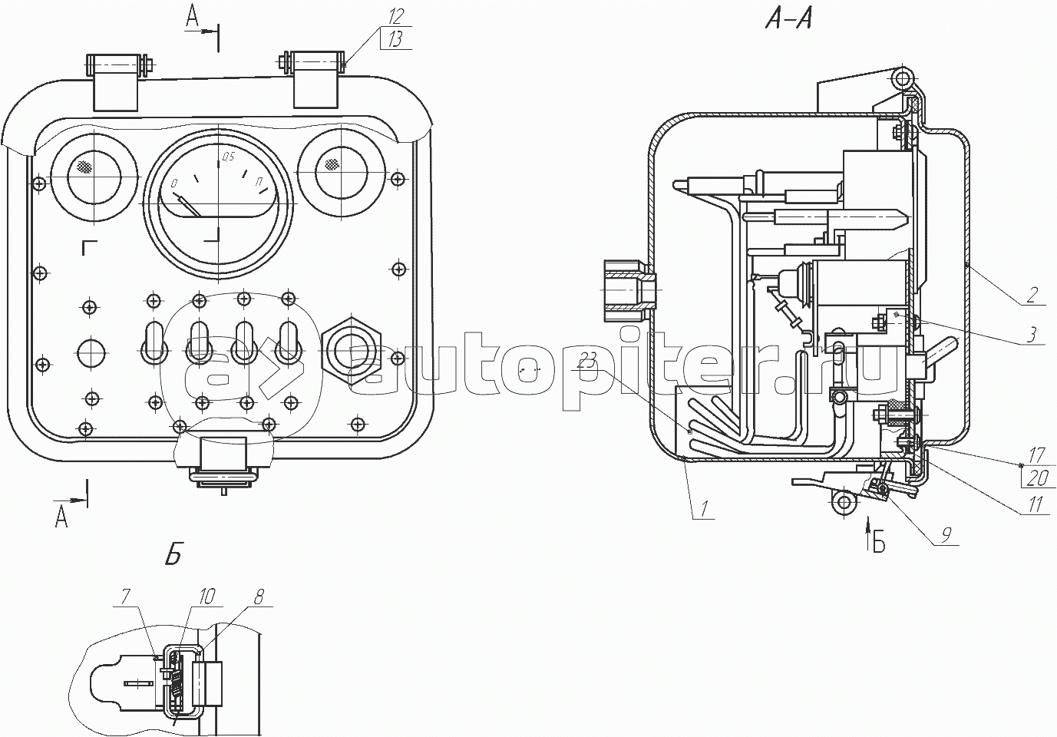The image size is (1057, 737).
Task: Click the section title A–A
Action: pos(788,21)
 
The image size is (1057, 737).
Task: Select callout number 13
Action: pos(395,41)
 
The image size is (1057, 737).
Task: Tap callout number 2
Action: pos(1032,295)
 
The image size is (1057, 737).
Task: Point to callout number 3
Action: pos(1032,335)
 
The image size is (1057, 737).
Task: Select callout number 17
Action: pos(1038,456)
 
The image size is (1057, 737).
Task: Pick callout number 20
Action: pos(1038,478)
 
